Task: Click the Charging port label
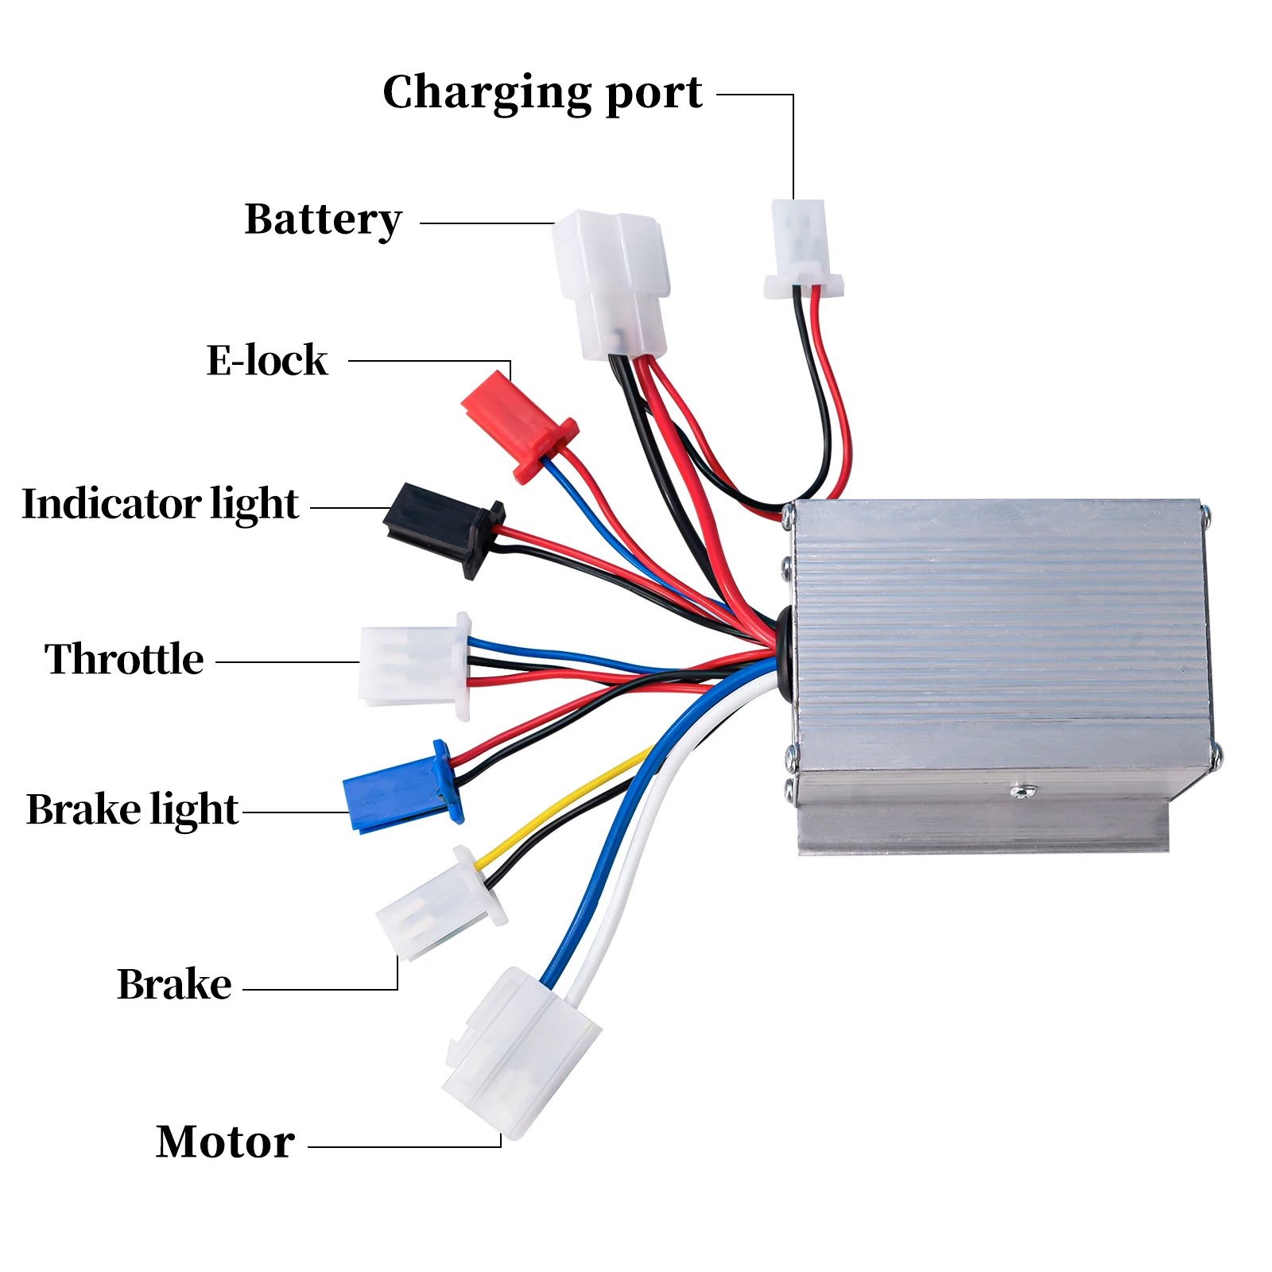coord(542,93)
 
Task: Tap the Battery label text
coord(323,219)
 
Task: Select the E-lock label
coord(267,360)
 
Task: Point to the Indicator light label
coord(160,504)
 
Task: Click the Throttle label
coord(124,659)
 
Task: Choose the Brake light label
coord(132,809)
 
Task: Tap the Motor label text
coord(225,1142)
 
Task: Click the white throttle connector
coord(413,665)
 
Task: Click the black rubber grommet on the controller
coord(783,652)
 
